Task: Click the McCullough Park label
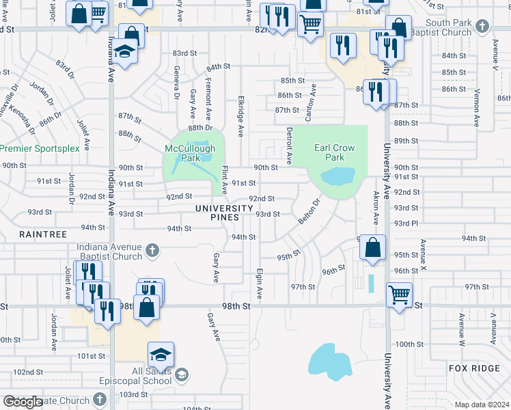point(190,152)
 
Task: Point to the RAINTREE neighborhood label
point(43,234)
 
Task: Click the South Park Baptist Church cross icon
point(483,27)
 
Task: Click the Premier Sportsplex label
point(40,148)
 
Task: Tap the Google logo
point(22,402)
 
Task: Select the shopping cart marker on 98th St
point(399,295)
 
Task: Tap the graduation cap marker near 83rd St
point(126,53)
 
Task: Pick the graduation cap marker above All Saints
point(161,354)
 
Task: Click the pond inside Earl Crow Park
point(337,178)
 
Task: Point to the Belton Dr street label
point(309,212)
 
